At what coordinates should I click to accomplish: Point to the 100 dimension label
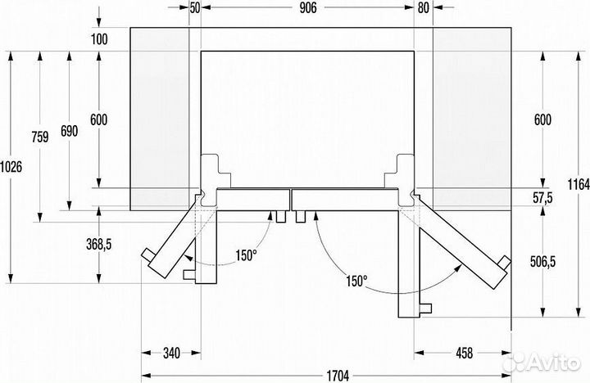(100, 39)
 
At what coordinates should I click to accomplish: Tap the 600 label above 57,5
(542, 119)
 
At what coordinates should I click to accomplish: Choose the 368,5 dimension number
(99, 245)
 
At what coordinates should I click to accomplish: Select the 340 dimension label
(170, 354)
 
